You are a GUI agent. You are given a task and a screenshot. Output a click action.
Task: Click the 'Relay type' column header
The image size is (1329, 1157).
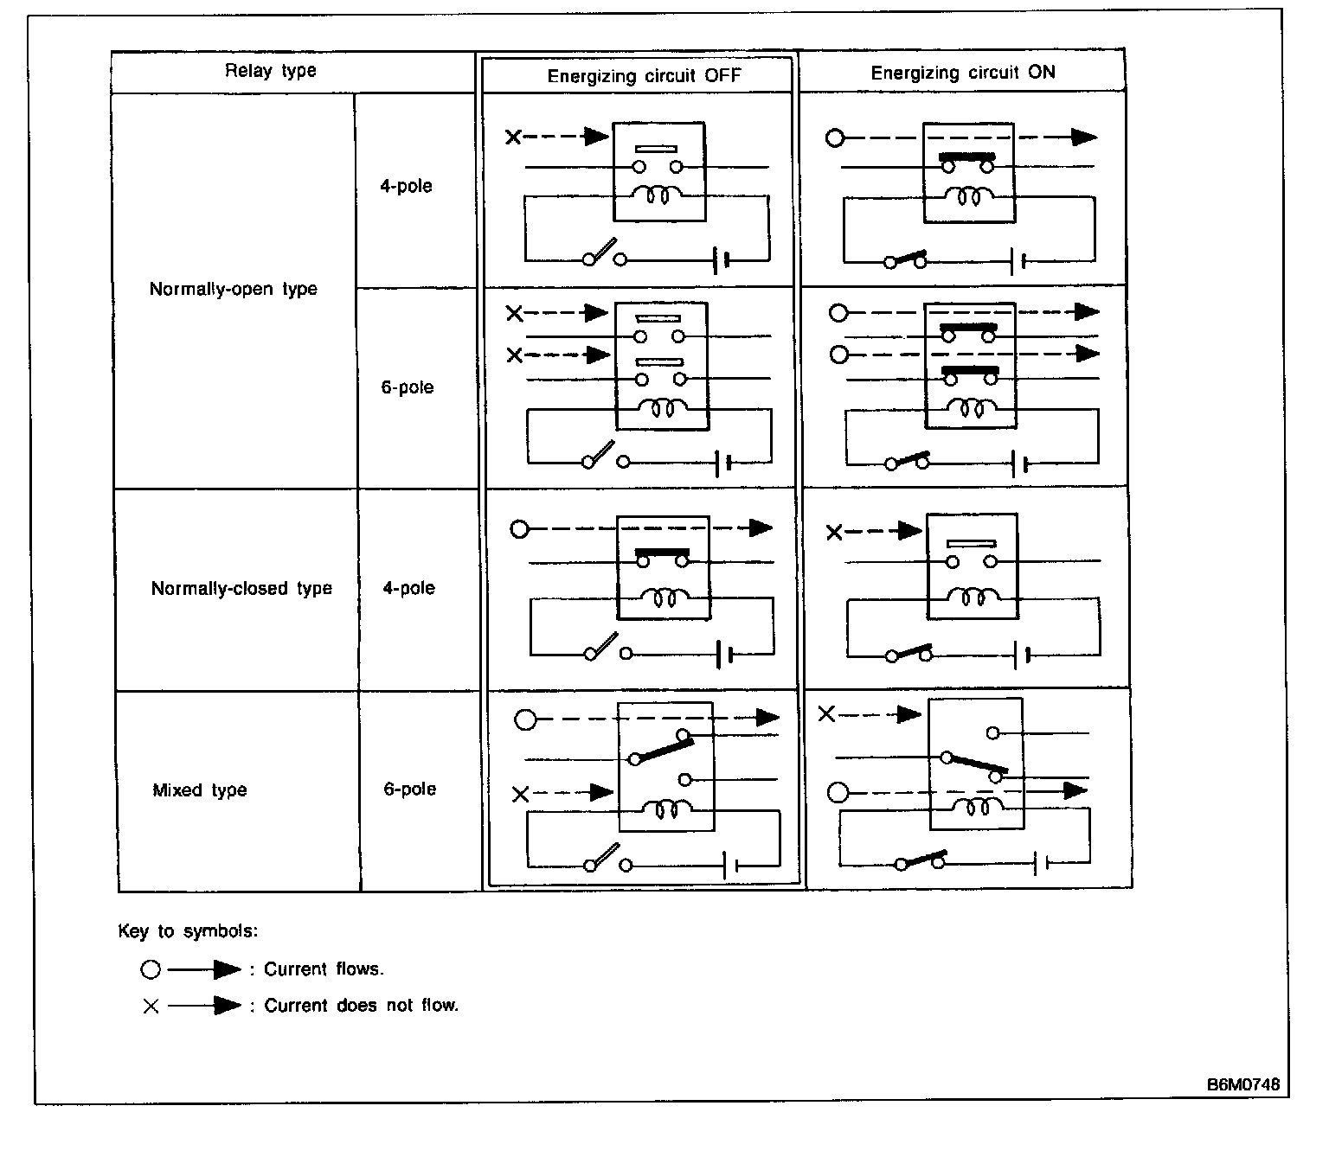(271, 71)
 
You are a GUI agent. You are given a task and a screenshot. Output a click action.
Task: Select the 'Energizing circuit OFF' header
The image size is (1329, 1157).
(644, 76)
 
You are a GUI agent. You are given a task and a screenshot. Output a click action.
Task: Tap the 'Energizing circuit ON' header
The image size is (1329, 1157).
(962, 73)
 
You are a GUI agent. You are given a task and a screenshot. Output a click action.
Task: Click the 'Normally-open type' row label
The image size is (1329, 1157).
(234, 289)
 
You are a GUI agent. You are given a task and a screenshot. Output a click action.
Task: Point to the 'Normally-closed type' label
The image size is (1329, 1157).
(241, 589)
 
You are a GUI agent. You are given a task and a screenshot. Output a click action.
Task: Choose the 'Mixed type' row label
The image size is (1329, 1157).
(200, 790)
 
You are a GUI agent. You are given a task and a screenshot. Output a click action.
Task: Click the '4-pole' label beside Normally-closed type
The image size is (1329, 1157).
(409, 589)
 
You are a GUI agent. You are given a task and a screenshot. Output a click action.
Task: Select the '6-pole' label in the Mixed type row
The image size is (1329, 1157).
(410, 789)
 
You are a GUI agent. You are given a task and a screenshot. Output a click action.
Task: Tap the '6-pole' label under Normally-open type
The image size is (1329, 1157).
(408, 387)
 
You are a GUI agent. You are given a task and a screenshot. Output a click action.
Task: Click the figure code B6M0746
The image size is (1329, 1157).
(1243, 1085)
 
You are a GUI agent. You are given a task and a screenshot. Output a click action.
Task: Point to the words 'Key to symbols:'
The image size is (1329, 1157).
(188, 931)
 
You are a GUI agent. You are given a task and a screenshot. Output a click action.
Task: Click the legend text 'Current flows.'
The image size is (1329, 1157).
(324, 969)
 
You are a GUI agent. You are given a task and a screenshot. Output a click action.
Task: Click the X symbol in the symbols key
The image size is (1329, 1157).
(151, 1006)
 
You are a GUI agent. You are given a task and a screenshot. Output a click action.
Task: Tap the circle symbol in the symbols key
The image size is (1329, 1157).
(151, 970)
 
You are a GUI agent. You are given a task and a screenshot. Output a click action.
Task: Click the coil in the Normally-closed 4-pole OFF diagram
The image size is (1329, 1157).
(664, 596)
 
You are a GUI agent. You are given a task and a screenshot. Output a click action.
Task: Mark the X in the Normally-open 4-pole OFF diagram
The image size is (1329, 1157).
(513, 137)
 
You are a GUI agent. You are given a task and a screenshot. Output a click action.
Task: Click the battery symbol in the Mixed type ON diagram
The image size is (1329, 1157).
(1042, 862)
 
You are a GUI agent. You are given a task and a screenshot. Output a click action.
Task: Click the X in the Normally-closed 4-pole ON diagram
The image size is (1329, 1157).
(834, 533)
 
